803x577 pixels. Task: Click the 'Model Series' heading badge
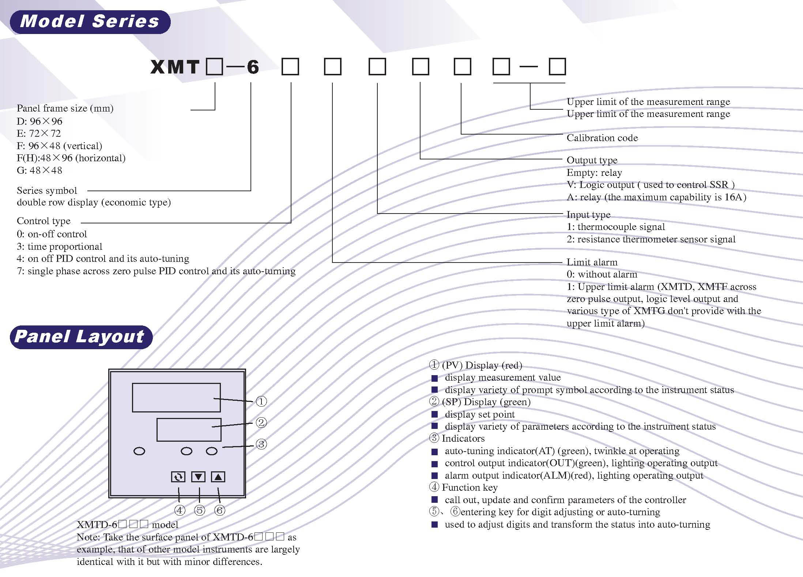click(90, 22)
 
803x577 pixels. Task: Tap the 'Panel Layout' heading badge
click(81, 337)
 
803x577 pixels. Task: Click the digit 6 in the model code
click(253, 67)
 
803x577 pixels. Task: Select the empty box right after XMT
click(214, 67)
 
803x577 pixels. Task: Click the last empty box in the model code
click(557, 67)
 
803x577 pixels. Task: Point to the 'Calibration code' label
click(602, 138)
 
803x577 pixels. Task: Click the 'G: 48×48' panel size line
click(39, 170)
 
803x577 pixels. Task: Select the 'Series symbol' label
click(47, 191)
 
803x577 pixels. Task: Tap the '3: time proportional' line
click(60, 246)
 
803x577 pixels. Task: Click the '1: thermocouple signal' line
click(616, 227)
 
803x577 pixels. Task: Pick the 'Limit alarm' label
click(592, 262)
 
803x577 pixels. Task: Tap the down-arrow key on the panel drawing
click(198, 477)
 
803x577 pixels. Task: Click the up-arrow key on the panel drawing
click(218, 477)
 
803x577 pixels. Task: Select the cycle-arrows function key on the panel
click(178, 477)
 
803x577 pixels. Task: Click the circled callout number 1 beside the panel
click(261, 401)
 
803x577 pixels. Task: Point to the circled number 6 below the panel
click(219, 510)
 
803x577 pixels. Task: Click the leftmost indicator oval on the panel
click(139, 452)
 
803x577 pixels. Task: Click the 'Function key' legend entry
click(470, 487)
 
